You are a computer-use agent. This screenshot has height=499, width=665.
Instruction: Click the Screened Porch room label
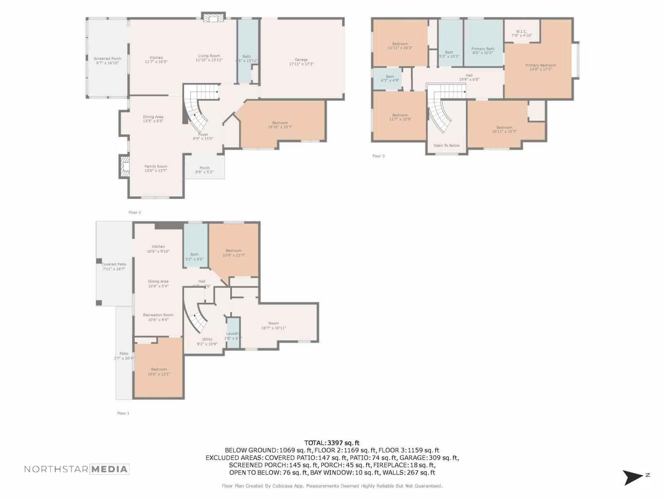pos(107,61)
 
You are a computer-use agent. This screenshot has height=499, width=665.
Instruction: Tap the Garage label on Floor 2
pos(301,62)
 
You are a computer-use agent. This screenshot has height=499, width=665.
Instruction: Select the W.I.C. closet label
pos(521,33)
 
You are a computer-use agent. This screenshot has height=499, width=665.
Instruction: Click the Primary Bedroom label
pos(540,67)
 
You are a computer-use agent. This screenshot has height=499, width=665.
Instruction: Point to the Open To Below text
pos(446,146)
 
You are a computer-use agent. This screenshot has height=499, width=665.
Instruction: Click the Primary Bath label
pos(483,51)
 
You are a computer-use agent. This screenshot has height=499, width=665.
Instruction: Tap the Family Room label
pos(156,168)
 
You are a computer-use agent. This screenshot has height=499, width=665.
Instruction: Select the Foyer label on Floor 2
pos(203,136)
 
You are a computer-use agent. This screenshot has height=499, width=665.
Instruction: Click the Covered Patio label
pos(114,267)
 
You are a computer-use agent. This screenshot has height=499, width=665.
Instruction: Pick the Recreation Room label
pos(158,317)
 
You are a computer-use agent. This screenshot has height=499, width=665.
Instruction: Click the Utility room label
pos(207,341)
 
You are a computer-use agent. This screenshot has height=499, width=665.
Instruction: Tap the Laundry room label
pos(233,336)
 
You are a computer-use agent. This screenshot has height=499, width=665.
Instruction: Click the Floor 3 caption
pos(378,156)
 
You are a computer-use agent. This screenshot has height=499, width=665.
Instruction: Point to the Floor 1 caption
pos(123,413)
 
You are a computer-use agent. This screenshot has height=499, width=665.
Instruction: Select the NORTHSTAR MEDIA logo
pos(76,469)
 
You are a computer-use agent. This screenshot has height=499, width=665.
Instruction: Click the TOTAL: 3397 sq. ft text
pos(332,443)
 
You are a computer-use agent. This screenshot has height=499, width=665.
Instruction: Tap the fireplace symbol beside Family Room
pos(124,167)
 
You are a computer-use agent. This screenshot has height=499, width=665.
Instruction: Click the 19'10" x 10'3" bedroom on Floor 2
pos(280,125)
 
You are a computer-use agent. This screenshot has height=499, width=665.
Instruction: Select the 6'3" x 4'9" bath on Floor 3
pos(389,79)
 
